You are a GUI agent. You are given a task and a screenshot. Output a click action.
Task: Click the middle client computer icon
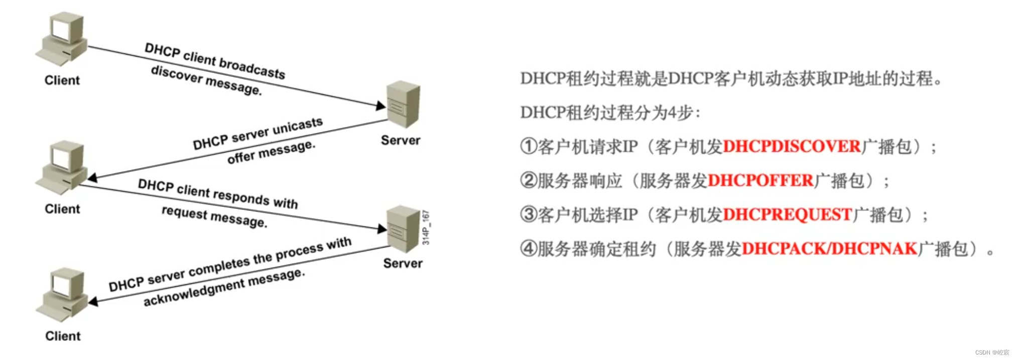[62, 167]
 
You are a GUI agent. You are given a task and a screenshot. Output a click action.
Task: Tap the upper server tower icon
[403, 104]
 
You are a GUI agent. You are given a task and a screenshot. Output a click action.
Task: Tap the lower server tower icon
[403, 229]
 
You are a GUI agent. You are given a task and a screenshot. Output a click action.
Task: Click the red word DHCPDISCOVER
[792, 147]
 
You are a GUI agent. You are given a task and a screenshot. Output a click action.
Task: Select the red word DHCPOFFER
[760, 181]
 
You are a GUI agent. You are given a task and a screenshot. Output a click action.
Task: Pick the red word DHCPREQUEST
[787, 215]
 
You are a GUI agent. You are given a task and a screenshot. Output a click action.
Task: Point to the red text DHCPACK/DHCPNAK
[829, 249]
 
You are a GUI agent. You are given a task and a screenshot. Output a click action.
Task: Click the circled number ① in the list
[529, 147]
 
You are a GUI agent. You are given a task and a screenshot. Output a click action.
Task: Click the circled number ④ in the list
[529, 249]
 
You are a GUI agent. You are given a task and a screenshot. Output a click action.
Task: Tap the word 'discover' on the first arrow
[176, 75]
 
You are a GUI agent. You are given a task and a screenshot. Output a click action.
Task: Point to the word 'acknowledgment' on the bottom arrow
[194, 292]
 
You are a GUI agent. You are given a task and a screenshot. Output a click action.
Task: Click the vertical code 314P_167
[426, 227]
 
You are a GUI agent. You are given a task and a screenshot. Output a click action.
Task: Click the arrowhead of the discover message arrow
[381, 105]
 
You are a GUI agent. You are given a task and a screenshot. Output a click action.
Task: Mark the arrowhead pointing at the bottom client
[93, 302]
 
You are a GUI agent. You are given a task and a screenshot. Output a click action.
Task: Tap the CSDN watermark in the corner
[991, 352]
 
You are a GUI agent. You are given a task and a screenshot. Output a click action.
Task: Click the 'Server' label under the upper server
[400, 140]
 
